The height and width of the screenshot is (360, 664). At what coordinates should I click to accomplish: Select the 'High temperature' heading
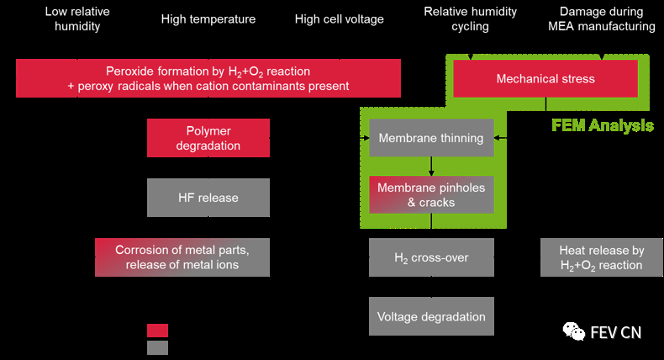pyautogui.click(x=208, y=19)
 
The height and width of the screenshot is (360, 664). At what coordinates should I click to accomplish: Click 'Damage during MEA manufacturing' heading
pyautogui.click(x=607, y=19)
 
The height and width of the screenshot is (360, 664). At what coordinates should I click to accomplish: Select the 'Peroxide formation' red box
pyautogui.click(x=208, y=78)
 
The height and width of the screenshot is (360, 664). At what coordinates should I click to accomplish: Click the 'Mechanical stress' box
pyautogui.click(x=545, y=79)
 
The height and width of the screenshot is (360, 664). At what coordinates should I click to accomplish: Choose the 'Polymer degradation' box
pyautogui.click(x=208, y=138)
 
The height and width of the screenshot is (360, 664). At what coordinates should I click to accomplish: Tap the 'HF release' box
pyautogui.click(x=208, y=198)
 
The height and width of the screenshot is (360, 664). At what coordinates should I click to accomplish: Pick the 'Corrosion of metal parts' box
pyautogui.click(x=182, y=257)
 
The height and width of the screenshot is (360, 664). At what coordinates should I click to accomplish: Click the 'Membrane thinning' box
pyautogui.click(x=431, y=138)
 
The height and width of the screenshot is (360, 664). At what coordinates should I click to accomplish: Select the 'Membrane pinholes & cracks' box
pyautogui.click(x=431, y=195)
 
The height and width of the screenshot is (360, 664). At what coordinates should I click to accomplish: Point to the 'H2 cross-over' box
pyautogui.click(x=431, y=257)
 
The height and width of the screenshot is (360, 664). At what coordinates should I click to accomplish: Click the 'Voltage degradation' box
pyautogui.click(x=431, y=317)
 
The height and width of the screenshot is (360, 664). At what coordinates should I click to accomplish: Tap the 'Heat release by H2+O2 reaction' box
pyautogui.click(x=602, y=257)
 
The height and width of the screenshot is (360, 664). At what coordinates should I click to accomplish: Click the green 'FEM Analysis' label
pyautogui.click(x=602, y=126)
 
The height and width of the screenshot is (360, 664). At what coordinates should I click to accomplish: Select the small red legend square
pyautogui.click(x=157, y=331)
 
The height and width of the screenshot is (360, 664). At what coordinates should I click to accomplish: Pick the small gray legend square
pyautogui.click(x=157, y=347)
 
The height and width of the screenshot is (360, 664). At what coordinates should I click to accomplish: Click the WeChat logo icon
pyautogui.click(x=574, y=332)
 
